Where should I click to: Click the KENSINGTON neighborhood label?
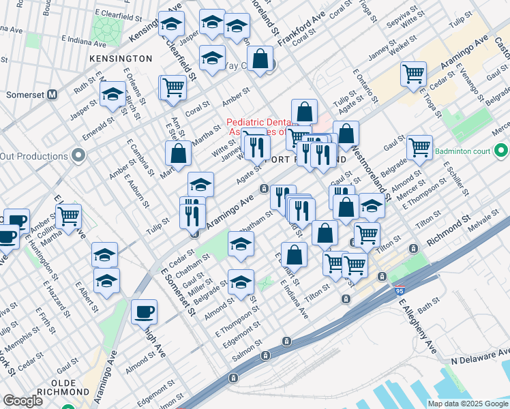pyautogui.click(x=120, y=59)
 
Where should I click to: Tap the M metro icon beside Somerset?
pyautogui.click(x=52, y=95)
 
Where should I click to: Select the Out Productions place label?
pyautogui.click(x=33, y=156)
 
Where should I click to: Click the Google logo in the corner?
pyautogui.click(x=23, y=401)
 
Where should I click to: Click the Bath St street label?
pyautogui.click(x=425, y=309)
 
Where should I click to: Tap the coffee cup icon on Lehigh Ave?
pyautogui.click(x=144, y=312)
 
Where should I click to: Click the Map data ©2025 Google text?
pyautogui.click(x=468, y=404)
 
